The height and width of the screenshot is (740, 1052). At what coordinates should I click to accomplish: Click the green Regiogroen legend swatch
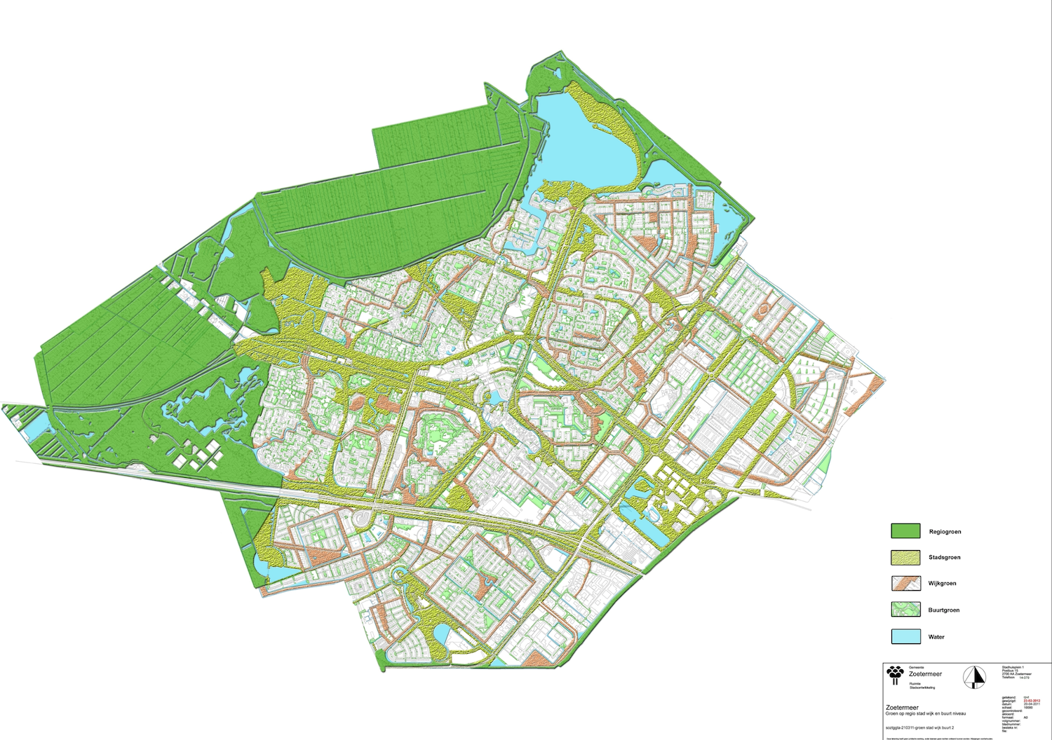[905, 531]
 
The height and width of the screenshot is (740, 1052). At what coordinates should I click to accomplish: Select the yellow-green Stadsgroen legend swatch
[905, 557]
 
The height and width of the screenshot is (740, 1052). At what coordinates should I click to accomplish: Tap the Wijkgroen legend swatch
[905, 583]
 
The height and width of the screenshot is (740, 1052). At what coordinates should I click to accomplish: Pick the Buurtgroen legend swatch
[905, 610]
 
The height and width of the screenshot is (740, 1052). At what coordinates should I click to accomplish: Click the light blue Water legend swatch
[905, 636]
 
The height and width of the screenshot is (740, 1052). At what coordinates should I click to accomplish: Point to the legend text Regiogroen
[945, 532]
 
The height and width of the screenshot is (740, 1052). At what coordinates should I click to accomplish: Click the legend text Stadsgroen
[944, 558]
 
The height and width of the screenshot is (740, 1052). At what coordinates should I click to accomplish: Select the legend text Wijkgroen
[942, 584]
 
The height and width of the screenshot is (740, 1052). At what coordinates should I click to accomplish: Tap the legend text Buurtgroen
[944, 610]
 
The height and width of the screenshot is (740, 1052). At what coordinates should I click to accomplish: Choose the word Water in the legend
[936, 637]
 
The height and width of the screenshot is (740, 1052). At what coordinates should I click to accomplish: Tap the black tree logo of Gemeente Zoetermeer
[896, 674]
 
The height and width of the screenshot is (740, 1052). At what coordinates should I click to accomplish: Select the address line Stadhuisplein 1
[1013, 666]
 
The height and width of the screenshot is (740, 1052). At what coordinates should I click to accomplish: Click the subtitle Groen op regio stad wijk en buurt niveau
[924, 713]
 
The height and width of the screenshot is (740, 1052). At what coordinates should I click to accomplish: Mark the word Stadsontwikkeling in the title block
[924, 688]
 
